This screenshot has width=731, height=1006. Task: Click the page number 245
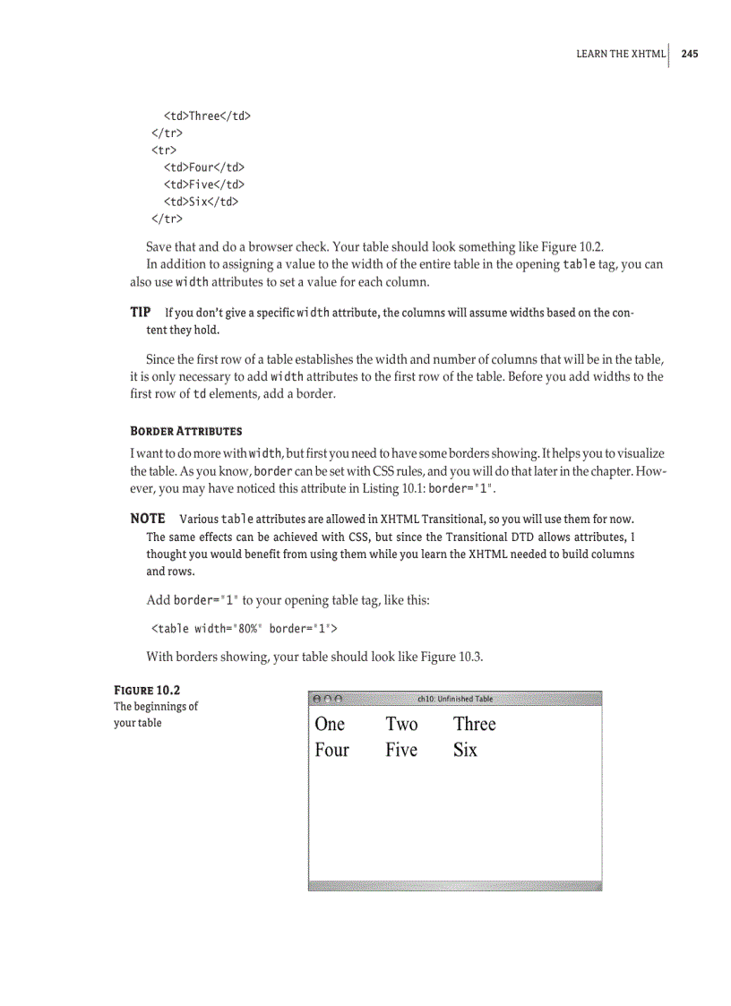689,54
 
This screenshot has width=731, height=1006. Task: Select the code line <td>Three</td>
206,116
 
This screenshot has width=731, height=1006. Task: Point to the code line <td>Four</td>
203,167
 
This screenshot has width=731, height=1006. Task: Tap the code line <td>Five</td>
203,185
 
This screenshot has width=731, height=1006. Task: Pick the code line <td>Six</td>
200,202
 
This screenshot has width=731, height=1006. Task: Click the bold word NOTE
148,519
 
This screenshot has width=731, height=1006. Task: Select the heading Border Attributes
185,431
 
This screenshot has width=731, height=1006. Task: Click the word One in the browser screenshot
330,724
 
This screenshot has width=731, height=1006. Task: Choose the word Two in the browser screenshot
401,724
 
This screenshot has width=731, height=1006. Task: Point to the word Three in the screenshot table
474,724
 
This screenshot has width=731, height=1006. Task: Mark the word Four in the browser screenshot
331,750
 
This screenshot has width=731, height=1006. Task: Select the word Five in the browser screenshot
401,750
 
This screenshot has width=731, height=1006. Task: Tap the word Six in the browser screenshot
465,750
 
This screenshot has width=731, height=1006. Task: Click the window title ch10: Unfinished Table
455,699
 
